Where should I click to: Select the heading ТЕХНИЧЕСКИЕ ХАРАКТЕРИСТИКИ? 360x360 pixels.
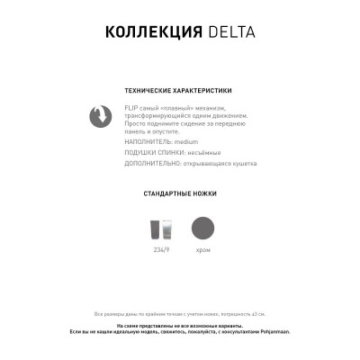180,91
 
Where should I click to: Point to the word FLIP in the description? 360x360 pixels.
131,108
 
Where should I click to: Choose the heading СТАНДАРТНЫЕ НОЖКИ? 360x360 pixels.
180,193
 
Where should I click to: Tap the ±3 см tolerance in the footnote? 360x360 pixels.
256,313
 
